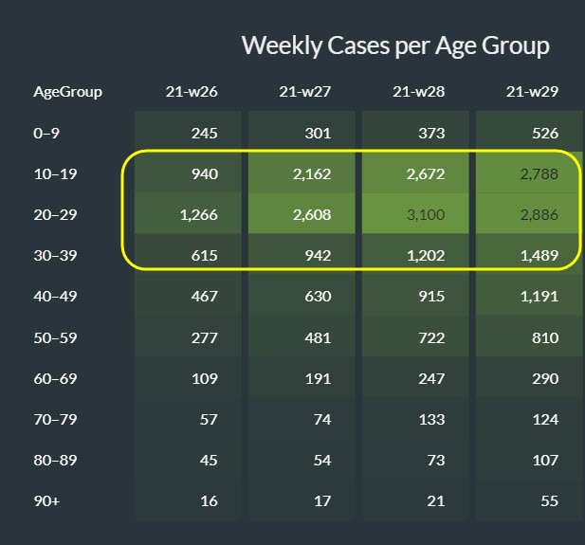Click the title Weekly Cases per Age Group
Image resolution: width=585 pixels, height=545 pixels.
(395, 45)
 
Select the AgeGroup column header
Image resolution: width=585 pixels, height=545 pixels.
(67, 93)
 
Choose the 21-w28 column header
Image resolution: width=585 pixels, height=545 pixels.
(418, 93)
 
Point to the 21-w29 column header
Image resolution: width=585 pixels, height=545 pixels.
(532, 93)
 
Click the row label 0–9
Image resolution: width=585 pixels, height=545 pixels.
(46, 134)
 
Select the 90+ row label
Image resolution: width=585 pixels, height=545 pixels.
(46, 500)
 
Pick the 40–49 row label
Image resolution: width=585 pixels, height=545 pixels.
(52, 297)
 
